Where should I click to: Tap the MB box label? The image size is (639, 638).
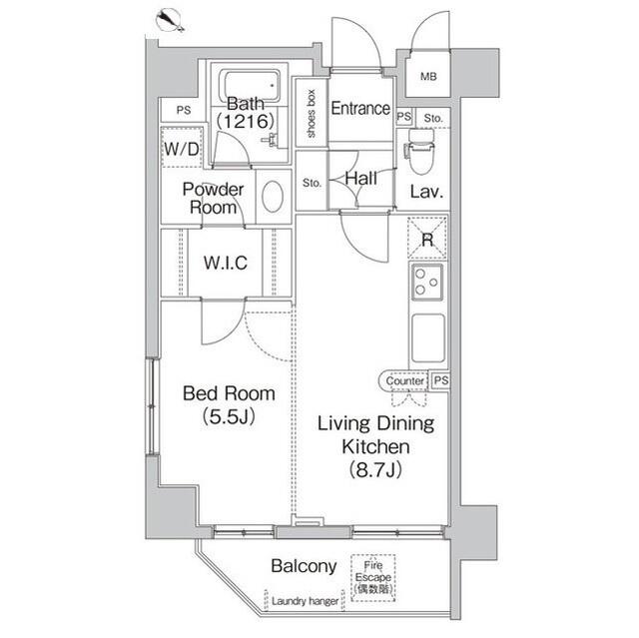(427, 77)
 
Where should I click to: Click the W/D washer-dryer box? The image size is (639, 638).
(182, 150)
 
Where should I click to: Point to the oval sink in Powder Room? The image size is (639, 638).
(272, 196)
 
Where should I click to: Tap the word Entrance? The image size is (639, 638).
(359, 109)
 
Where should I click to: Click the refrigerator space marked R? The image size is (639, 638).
(427, 239)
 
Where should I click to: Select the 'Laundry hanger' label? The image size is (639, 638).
(303, 603)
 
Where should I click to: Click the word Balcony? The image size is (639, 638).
(304, 566)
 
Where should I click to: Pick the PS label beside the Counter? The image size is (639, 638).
(439, 379)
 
